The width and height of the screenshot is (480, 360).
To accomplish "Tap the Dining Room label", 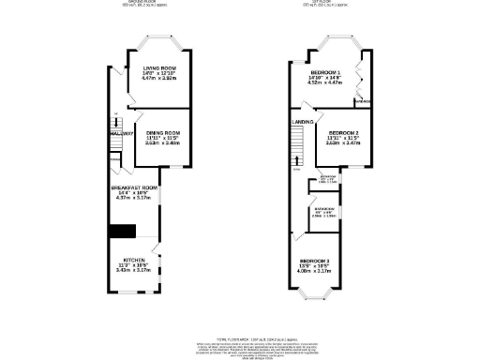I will [162, 133].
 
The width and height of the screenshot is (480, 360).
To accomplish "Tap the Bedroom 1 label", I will [324, 72].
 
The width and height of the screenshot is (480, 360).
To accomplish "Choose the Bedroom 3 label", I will [315, 260].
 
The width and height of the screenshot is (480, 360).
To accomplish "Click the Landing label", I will [302, 121].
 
